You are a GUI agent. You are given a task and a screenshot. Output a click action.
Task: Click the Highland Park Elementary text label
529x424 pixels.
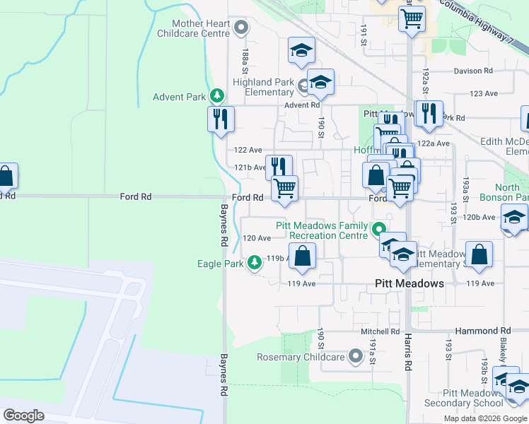pyautogui.click(x=263, y=87)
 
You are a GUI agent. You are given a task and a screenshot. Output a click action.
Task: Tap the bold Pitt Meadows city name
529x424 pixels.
pyautogui.click(x=409, y=283)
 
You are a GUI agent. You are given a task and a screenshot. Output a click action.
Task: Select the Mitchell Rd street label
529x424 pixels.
pyautogui.click(x=380, y=331)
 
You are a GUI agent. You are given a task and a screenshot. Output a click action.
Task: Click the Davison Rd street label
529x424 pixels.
pyautogui.click(x=473, y=71)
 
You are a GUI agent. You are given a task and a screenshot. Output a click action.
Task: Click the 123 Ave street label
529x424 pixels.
pyautogui.click(x=484, y=93)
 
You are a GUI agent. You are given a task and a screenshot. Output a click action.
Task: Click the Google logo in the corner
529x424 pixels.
pyautogui.click(x=23, y=415)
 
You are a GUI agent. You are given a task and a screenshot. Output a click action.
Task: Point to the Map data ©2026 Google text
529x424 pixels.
pyautogui.click(x=485, y=418)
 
